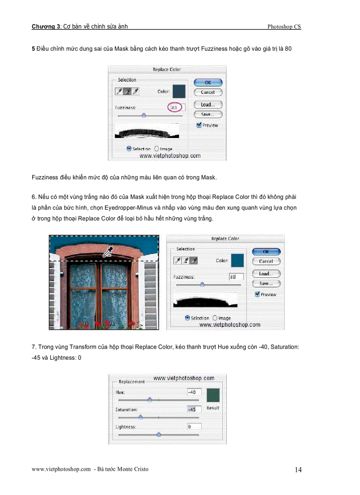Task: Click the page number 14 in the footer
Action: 298,470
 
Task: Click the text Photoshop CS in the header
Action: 284,26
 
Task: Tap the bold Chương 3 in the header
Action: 46,26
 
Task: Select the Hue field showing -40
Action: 194,392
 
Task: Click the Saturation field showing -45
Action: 194,409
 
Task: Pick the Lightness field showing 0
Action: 194,427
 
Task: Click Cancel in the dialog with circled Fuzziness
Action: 208,93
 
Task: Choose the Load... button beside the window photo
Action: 266,274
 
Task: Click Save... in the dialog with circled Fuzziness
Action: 208,114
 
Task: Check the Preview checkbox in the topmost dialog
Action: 199,125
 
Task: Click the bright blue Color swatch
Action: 237,261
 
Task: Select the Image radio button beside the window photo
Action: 215,318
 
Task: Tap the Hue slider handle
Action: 150,400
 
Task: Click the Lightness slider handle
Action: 159,434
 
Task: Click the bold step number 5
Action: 34,48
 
